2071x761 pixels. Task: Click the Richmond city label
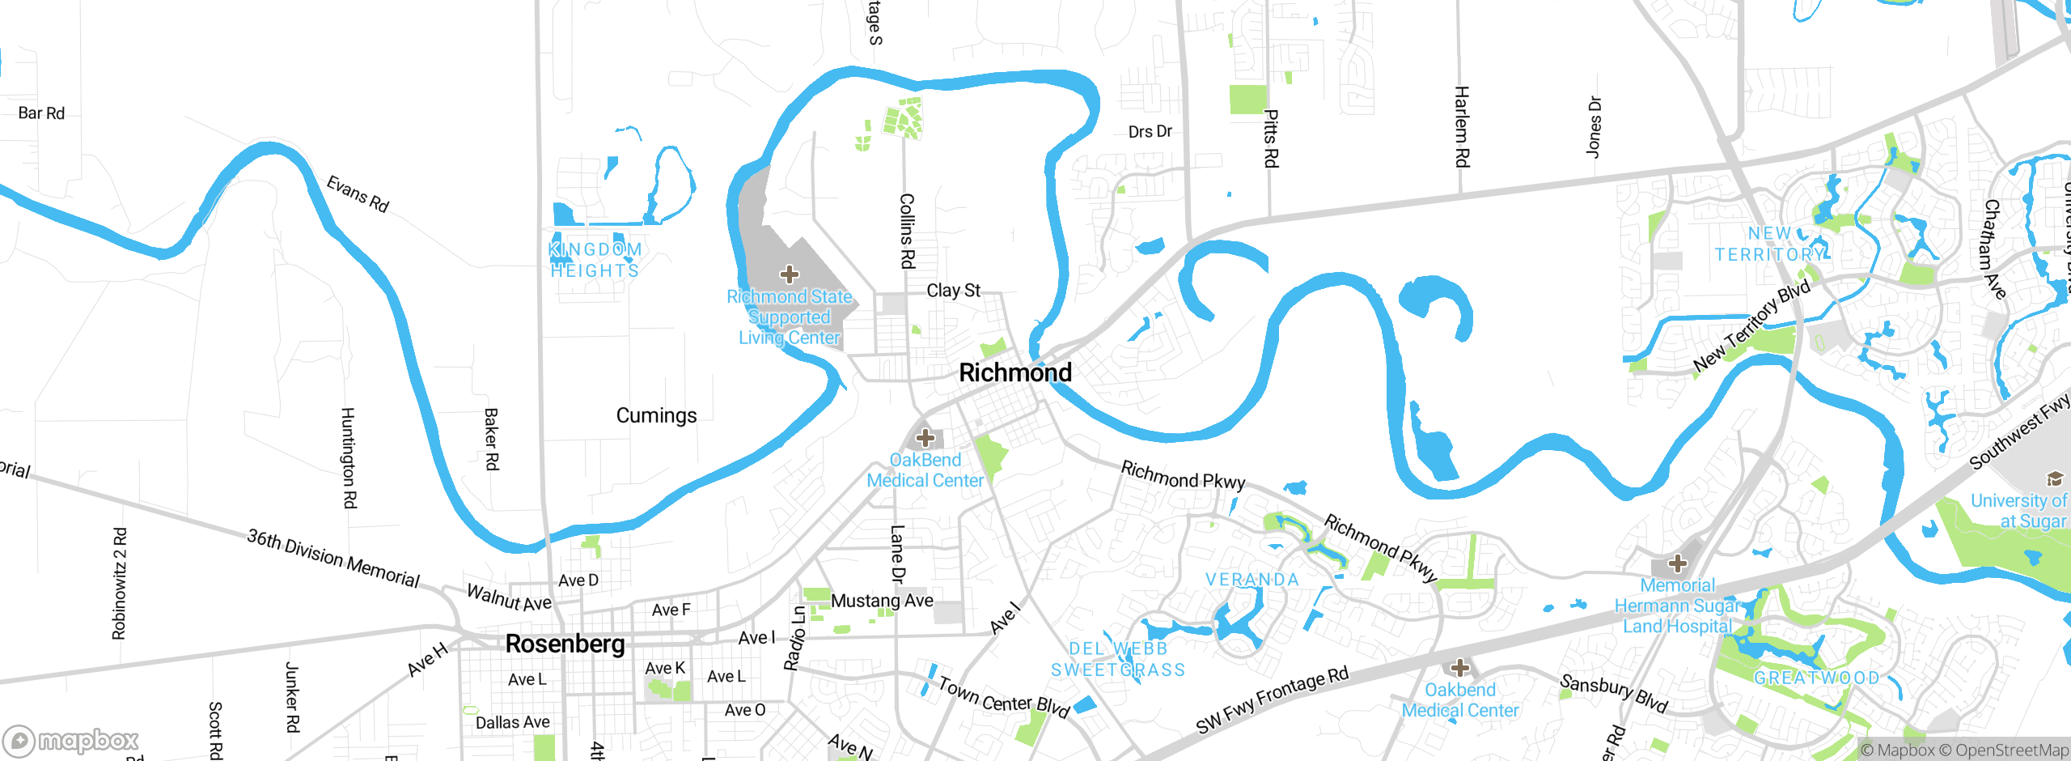pyautogui.click(x=1015, y=373)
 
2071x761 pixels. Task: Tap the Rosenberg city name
pyautogui.click(x=565, y=644)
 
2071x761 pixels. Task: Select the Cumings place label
pyautogui.click(x=656, y=416)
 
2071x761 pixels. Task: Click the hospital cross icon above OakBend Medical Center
pyautogui.click(x=925, y=439)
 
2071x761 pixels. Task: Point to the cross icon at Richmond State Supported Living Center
pyautogui.click(x=790, y=274)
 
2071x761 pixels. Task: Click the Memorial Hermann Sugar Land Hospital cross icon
pyautogui.click(x=1678, y=563)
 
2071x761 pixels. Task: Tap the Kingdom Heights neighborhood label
pyautogui.click(x=595, y=260)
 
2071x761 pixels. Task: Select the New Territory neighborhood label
pyautogui.click(x=1769, y=244)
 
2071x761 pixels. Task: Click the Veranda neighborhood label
pyautogui.click(x=1252, y=580)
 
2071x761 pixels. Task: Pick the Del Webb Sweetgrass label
pyautogui.click(x=1118, y=659)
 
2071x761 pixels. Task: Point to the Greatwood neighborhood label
pyautogui.click(x=1816, y=678)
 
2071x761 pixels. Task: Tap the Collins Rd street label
pyautogui.click(x=907, y=231)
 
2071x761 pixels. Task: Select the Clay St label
pyautogui.click(x=953, y=291)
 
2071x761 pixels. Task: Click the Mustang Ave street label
pyautogui.click(x=882, y=601)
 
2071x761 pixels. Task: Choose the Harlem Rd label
pyautogui.click(x=1461, y=126)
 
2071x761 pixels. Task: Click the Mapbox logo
pyautogui.click(x=71, y=740)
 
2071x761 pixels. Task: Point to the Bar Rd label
pyautogui.click(x=41, y=113)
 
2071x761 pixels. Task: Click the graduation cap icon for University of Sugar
pyautogui.click(x=2054, y=478)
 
